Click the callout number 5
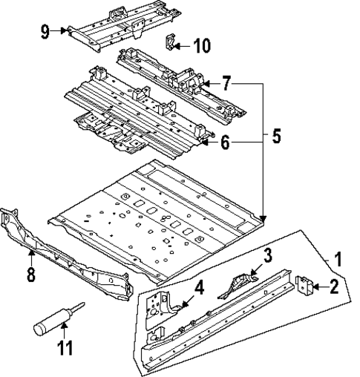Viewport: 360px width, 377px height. tap(276, 137)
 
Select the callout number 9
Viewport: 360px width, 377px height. tap(45, 31)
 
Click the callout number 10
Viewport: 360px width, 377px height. tap(201, 46)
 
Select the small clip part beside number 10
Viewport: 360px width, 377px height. tap(170, 43)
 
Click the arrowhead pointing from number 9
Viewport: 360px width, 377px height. tap(66, 31)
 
